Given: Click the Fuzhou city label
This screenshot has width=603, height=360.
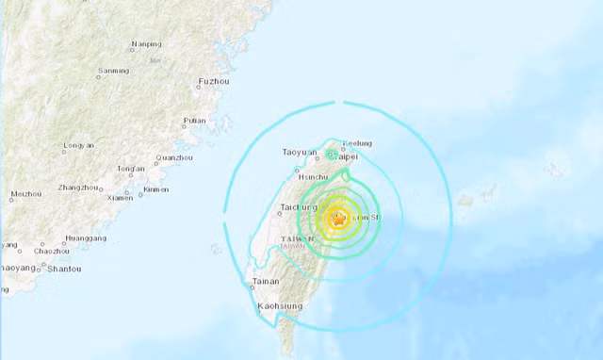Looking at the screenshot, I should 214,82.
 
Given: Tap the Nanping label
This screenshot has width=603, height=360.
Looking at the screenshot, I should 146,43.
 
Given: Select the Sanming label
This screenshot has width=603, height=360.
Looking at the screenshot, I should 114,71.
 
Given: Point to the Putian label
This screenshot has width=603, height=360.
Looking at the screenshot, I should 194,120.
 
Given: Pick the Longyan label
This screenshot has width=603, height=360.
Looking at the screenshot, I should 78,147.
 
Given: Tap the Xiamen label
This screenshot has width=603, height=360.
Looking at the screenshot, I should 120,197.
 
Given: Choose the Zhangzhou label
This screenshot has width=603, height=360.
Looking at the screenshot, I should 79,188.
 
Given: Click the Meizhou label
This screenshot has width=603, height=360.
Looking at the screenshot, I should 25,194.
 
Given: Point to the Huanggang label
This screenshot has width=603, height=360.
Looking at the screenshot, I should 86,238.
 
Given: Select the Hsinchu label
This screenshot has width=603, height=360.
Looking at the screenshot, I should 312,176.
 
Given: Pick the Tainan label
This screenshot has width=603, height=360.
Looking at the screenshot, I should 267,281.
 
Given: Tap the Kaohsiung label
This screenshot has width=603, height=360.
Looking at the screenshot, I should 280,306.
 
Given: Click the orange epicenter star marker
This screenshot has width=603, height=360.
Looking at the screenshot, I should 339,219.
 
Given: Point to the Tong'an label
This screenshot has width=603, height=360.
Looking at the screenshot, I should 130,170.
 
